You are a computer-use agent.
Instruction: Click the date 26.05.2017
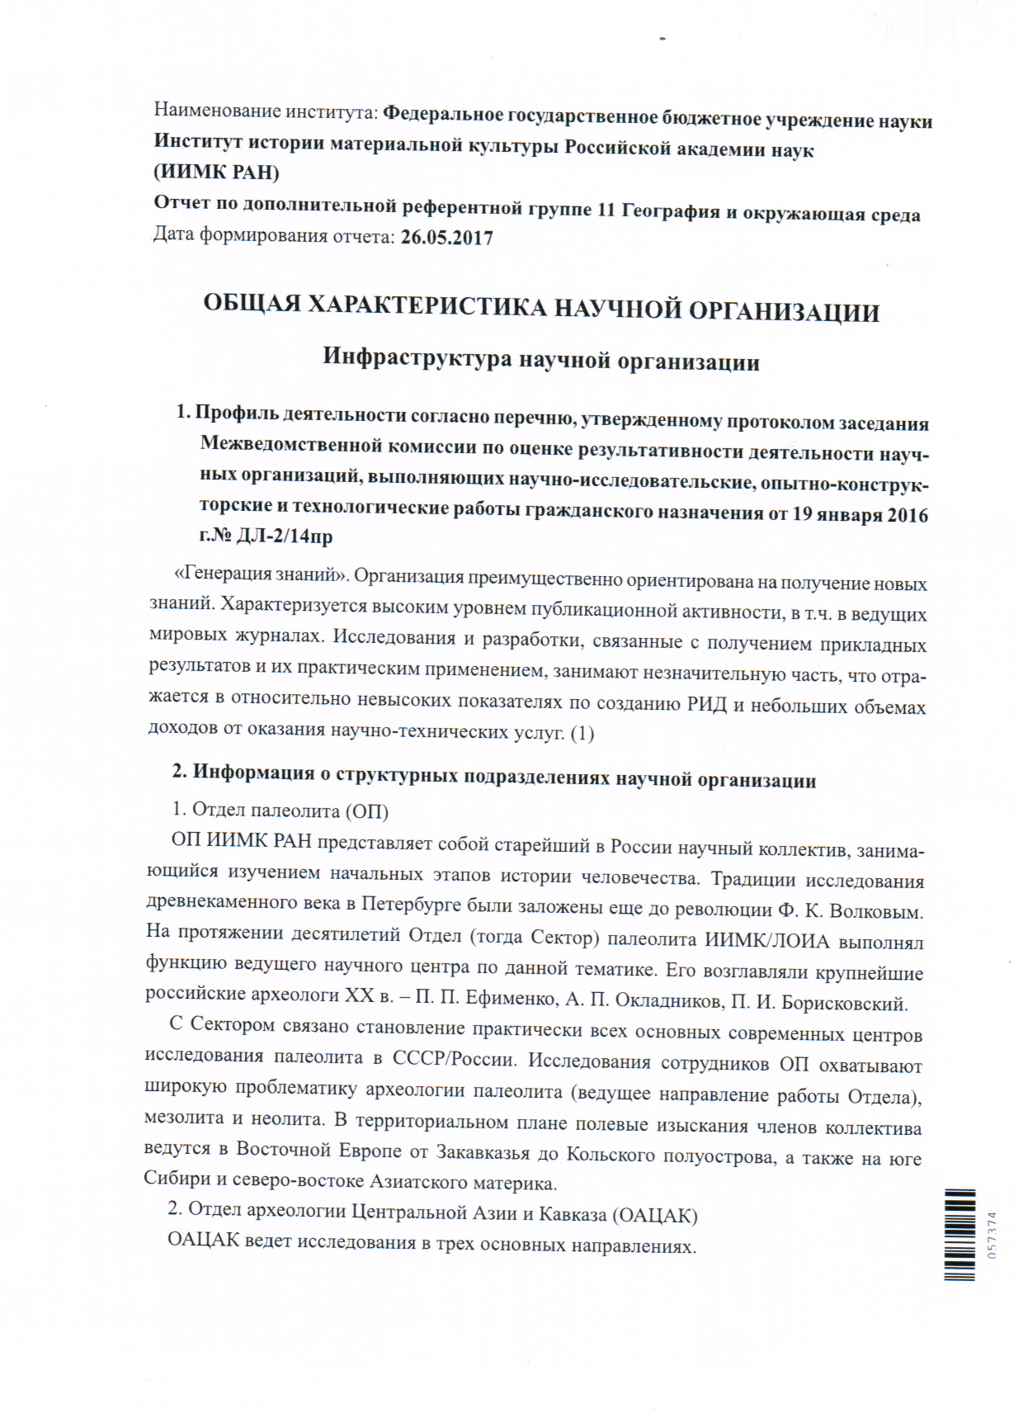(446, 238)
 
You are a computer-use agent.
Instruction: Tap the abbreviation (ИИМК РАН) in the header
(216, 173)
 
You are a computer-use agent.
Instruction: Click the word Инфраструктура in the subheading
(417, 358)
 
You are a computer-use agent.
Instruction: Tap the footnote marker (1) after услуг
(582, 732)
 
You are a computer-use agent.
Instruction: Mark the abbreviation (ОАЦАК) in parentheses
(656, 1215)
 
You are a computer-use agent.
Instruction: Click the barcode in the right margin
(959, 1234)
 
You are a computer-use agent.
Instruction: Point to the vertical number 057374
(992, 1235)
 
